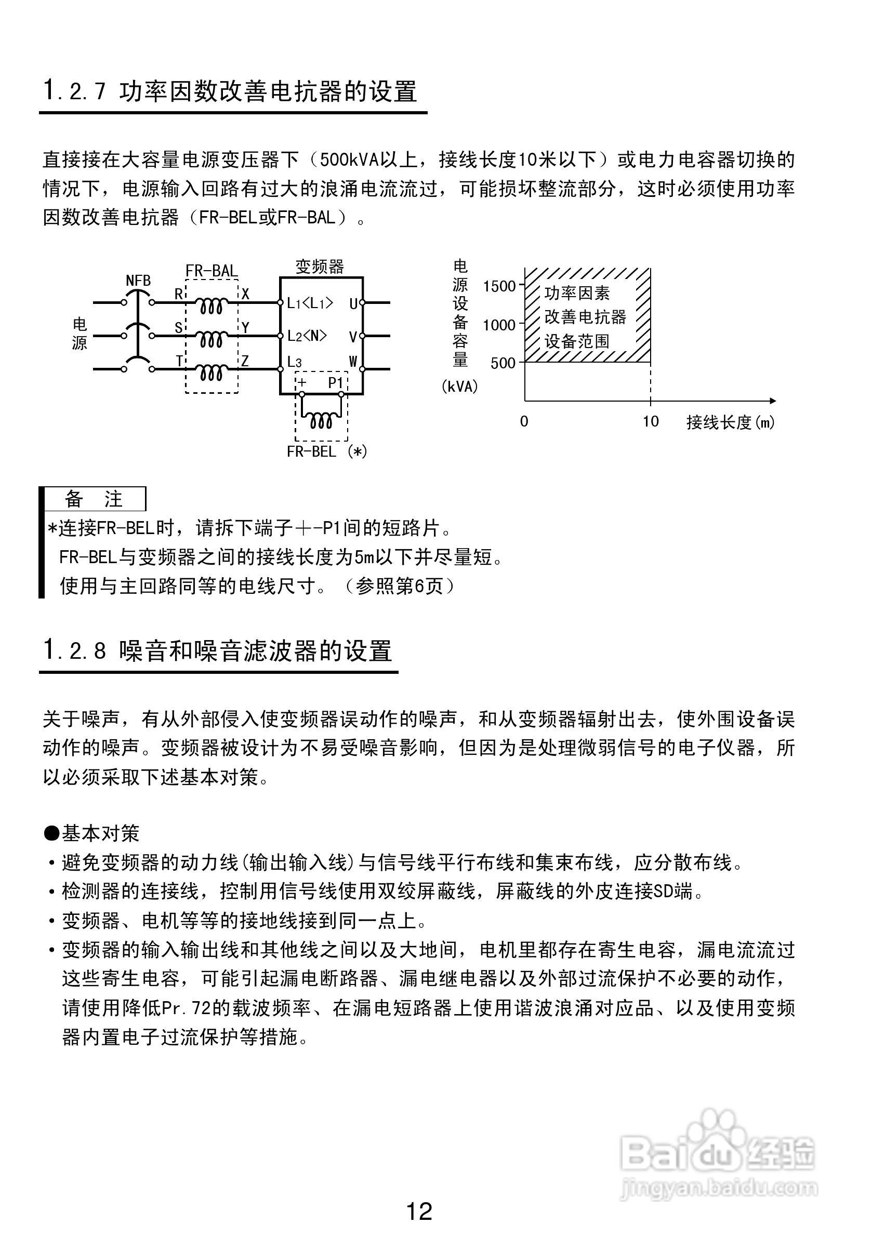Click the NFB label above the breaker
138,281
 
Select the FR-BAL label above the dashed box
212,271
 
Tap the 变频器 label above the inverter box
320,266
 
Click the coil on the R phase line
210,307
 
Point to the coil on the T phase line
210,373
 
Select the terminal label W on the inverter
353,362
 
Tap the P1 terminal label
336,382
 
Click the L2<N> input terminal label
307,336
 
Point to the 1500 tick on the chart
499,287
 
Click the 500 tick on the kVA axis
503,363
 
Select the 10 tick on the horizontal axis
651,421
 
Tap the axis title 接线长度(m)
730,422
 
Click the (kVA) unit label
459,387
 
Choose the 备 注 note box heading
94,499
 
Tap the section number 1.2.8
75,651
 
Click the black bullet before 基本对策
52,833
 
